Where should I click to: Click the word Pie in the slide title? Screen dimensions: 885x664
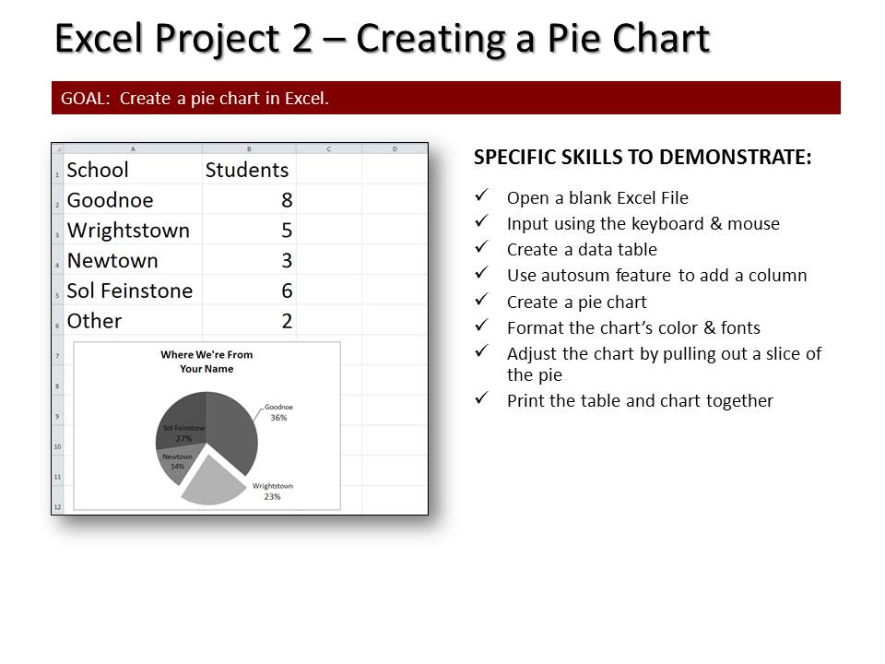575,39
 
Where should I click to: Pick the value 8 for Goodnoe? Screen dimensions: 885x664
287,200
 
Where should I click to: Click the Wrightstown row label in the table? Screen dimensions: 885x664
128,231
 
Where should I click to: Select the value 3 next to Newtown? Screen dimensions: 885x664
287,261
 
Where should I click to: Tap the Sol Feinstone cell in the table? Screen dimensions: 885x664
130,290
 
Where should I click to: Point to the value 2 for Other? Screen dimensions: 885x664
287,321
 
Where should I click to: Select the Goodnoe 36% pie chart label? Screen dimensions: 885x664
278,412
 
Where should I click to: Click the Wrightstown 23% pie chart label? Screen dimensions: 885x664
273,492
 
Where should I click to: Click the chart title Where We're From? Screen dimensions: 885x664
206,354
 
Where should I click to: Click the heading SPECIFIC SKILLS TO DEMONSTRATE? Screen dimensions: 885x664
643,157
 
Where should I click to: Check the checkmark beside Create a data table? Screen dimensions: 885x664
481,247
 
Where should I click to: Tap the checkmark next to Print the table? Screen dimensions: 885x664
481,398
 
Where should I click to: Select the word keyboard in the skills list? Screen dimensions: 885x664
667,224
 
